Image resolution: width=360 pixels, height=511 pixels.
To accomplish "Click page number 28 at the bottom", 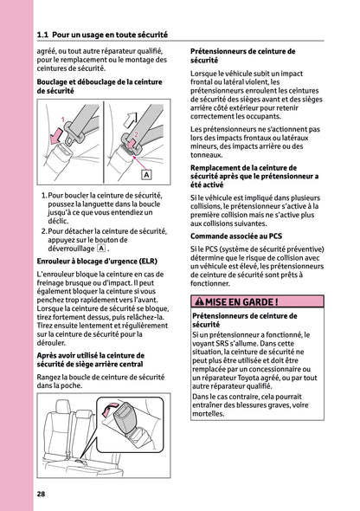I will (42, 494).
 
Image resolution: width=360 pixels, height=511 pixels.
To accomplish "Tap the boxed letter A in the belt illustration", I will (145, 175).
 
